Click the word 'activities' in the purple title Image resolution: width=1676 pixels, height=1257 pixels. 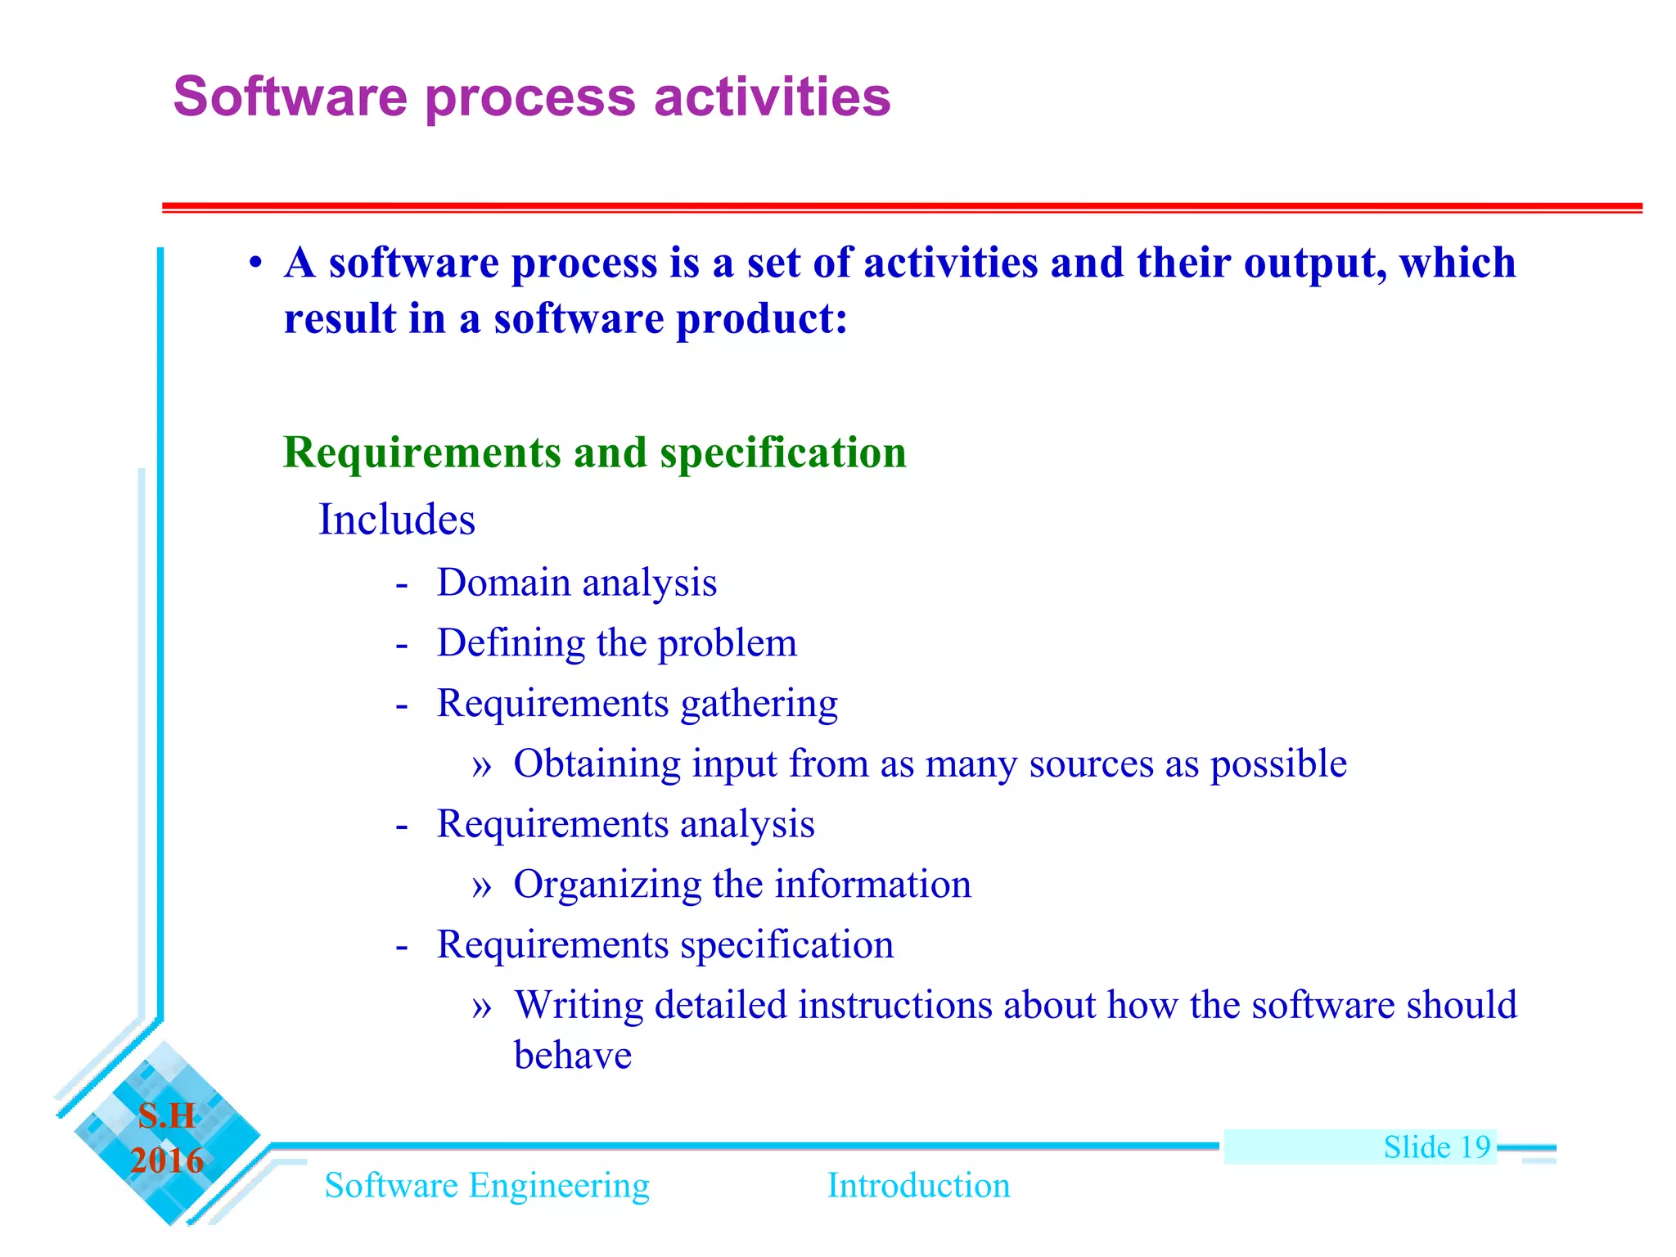click(x=772, y=97)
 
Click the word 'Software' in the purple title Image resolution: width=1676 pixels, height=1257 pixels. click(x=290, y=97)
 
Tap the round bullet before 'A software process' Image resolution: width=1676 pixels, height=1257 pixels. click(x=256, y=264)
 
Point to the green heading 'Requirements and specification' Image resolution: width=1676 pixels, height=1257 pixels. click(x=594, y=453)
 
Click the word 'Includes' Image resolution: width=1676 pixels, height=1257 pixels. click(x=396, y=520)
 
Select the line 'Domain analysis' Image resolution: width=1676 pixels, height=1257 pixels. click(x=576, y=583)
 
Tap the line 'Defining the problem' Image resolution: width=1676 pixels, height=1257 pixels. click(x=616, y=643)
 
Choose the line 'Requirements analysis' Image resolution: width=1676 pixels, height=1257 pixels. click(x=625, y=824)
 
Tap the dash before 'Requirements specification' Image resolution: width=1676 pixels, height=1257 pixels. click(x=401, y=947)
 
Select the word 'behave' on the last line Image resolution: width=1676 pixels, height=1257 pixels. click(x=572, y=1056)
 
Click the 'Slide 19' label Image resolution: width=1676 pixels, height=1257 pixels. click(x=1436, y=1147)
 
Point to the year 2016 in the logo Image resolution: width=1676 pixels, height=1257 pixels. click(x=167, y=1161)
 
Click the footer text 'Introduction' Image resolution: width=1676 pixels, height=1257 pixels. click(x=918, y=1186)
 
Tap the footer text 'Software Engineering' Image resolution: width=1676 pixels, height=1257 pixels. click(x=487, y=1186)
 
